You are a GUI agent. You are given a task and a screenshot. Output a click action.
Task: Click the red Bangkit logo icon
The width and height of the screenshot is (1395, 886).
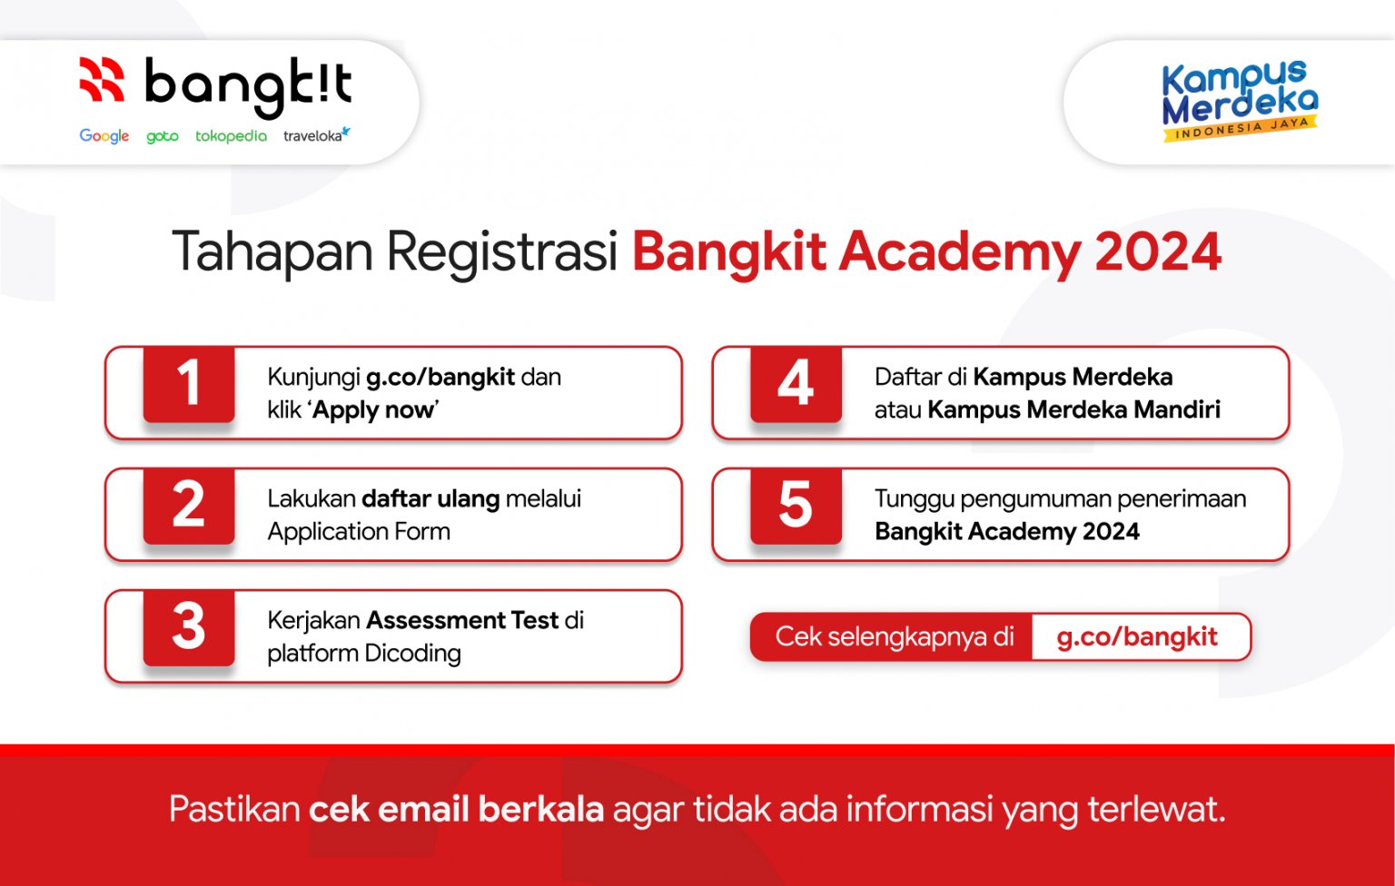tap(101, 79)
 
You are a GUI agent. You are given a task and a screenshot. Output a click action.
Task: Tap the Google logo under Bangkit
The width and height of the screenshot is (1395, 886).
tap(104, 136)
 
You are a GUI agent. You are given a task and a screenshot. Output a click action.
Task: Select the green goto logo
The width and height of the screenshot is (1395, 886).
tap(162, 136)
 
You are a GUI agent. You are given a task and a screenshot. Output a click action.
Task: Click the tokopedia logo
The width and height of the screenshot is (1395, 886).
tap(231, 136)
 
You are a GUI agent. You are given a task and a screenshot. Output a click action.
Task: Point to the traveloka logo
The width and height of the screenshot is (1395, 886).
tap(315, 136)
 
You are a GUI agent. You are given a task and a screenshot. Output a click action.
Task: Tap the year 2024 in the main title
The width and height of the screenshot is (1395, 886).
tap(1158, 252)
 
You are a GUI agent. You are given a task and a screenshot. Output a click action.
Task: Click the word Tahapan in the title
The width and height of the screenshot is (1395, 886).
tap(272, 252)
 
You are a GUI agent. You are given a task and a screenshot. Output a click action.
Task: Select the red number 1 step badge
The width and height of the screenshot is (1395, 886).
tap(189, 384)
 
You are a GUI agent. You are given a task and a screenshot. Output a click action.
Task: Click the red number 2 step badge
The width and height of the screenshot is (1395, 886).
tap(189, 506)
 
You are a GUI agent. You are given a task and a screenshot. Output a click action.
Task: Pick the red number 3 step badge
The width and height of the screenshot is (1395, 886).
tap(189, 627)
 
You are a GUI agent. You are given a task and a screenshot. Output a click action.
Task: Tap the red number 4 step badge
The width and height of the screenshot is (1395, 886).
tap(796, 384)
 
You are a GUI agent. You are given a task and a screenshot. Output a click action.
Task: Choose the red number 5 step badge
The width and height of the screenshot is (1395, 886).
tap(796, 506)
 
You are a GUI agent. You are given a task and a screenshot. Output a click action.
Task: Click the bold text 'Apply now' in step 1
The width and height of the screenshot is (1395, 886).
tap(374, 410)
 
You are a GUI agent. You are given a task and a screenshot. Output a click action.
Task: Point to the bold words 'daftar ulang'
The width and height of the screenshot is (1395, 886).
tap(430, 498)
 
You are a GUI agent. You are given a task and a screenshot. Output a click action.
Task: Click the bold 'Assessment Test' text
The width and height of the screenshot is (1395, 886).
tap(461, 620)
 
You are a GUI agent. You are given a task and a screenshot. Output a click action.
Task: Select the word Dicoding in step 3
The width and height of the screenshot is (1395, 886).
tap(412, 654)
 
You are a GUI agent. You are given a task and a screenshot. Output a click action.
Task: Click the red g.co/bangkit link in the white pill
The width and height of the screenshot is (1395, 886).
tap(1137, 637)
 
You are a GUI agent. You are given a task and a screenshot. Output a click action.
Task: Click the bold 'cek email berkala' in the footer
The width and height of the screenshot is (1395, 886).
tap(456, 809)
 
